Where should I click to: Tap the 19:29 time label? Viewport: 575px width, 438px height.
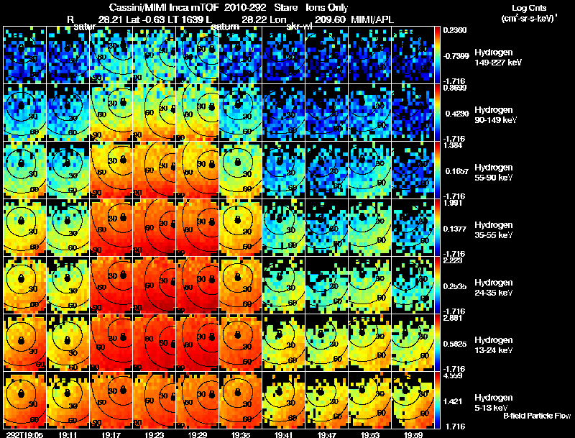(198, 434)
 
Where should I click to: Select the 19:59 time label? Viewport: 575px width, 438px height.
(413, 434)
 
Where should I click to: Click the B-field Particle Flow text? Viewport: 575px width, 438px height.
(536, 416)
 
